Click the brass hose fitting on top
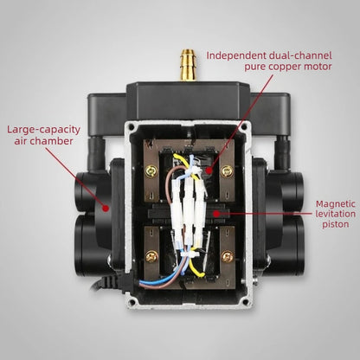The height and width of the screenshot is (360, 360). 188,65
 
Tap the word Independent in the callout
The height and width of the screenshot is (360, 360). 236,55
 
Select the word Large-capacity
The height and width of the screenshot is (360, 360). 43,130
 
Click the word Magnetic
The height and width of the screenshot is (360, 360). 336,204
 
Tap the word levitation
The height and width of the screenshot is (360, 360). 335,214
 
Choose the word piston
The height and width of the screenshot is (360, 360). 336,224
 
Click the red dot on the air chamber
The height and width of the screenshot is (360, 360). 106,208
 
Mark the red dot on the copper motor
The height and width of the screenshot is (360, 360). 209,170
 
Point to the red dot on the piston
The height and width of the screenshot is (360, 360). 215,214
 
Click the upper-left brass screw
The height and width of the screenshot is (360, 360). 151,171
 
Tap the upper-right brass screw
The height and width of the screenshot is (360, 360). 227,171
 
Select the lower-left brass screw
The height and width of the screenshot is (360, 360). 151,256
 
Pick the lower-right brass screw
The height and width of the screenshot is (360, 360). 228,256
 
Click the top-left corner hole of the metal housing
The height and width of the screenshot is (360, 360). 132,126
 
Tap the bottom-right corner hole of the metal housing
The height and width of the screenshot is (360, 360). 246,302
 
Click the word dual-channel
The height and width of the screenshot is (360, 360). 300,55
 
